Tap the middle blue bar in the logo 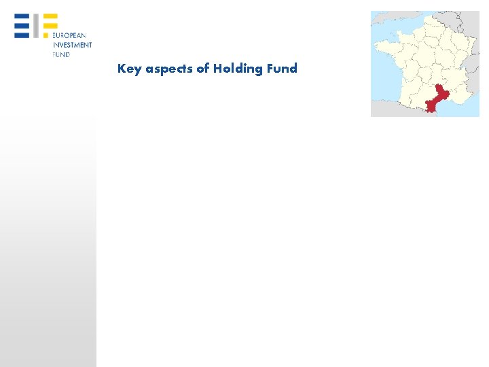tap(22, 24)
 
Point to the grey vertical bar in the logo tap(37, 25)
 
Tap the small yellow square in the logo tap(46, 33)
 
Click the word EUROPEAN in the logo tap(70, 35)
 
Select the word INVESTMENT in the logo tap(73, 45)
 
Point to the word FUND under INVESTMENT tap(62, 54)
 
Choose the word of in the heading tap(203, 68)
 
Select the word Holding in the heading tap(238, 69)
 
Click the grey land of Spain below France tap(394, 110)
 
